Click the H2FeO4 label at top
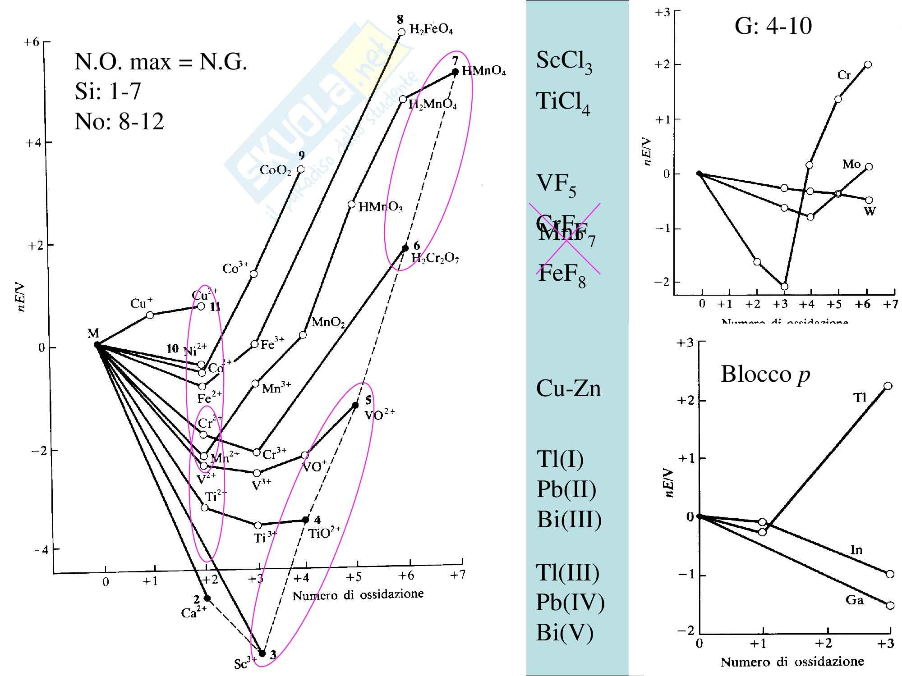(x=431, y=30)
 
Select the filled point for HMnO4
(x=456, y=71)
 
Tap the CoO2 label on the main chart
(x=276, y=170)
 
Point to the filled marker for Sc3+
(x=262, y=653)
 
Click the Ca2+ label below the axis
(x=193, y=613)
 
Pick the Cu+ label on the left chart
(x=141, y=303)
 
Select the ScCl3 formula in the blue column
(x=564, y=61)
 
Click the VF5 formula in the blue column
(x=556, y=185)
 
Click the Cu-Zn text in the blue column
(x=568, y=388)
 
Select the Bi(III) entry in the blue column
(x=569, y=519)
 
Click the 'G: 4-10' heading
(x=773, y=26)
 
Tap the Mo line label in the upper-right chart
(x=851, y=164)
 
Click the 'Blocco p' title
(x=765, y=374)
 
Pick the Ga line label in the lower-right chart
(x=854, y=600)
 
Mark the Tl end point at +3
(x=888, y=386)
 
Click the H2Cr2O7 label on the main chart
(x=435, y=259)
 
